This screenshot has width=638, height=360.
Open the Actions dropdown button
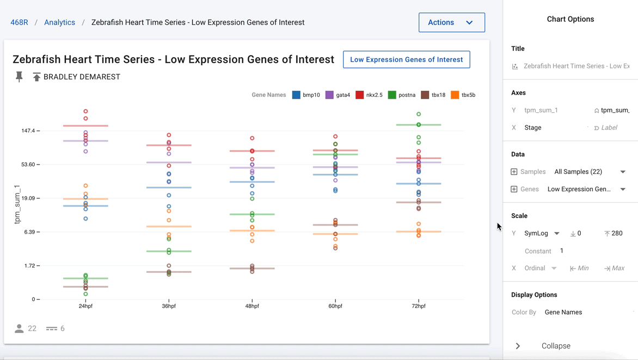[x=452, y=22]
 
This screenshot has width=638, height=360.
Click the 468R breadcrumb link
[x=19, y=22]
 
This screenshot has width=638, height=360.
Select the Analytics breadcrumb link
[x=59, y=22]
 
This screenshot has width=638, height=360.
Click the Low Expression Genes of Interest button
[x=407, y=59]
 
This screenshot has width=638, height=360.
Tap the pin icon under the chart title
[x=19, y=77]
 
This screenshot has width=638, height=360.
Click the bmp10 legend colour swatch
[x=296, y=95]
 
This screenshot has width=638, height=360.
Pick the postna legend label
[x=407, y=95]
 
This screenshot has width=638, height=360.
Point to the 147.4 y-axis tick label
[x=28, y=131]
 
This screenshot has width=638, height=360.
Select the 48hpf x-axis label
[x=252, y=306]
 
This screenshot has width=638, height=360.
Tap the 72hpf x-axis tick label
[x=419, y=306]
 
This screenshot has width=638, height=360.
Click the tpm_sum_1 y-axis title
[x=17, y=204]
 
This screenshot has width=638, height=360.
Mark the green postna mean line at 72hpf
[x=419, y=125]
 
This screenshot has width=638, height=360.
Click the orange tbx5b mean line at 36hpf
[x=169, y=227]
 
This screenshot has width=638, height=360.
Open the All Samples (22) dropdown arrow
[x=623, y=172]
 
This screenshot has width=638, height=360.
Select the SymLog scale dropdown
[x=542, y=233]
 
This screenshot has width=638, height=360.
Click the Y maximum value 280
[x=617, y=233]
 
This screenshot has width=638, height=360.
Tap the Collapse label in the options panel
[x=556, y=346]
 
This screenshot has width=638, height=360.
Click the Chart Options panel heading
[x=570, y=19]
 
